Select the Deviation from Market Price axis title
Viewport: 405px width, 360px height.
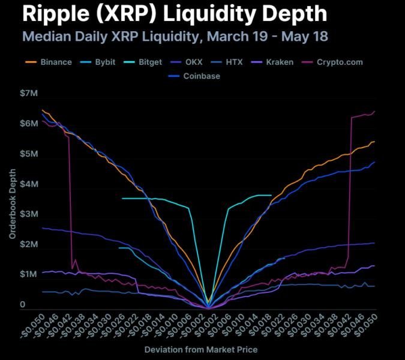click(x=201, y=349)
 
